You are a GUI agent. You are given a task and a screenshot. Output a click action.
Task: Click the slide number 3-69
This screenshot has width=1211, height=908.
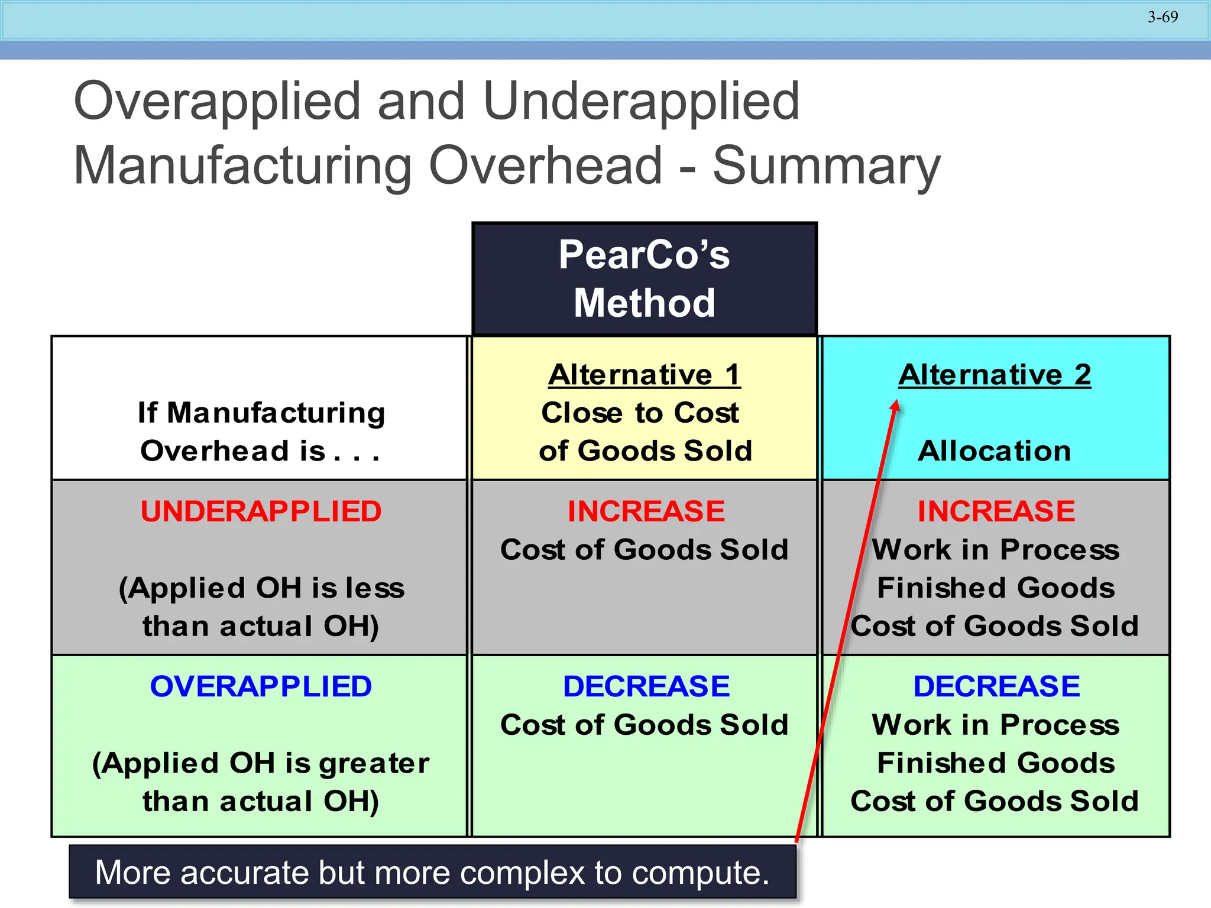click(x=1163, y=17)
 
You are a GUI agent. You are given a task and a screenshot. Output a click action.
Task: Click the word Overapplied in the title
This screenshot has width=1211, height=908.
click(x=216, y=101)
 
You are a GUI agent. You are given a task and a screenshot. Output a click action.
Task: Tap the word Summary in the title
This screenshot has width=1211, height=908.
click(x=826, y=167)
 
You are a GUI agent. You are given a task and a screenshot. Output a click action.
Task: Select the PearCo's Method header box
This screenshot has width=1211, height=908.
click(x=645, y=279)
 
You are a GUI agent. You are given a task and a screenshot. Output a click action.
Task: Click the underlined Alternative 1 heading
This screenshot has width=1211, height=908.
click(x=644, y=375)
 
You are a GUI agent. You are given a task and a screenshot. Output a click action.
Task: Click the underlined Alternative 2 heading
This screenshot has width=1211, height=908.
click(x=995, y=375)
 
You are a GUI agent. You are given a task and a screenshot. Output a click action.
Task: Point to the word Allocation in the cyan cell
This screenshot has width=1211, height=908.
click(x=995, y=451)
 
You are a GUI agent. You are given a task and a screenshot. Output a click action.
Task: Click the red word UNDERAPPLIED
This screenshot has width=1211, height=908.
click(x=261, y=512)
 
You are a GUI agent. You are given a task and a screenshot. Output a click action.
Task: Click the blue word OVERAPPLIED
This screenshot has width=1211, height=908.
click(x=261, y=687)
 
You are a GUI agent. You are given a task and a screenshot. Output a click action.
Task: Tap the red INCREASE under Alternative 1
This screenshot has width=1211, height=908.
click(x=646, y=512)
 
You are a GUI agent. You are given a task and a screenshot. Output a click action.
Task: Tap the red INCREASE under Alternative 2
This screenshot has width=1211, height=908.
click(x=996, y=512)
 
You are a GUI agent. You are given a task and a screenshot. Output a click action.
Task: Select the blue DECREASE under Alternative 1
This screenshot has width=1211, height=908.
click(x=646, y=687)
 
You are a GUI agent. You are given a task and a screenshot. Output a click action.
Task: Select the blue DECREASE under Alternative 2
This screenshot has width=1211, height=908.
click(x=996, y=687)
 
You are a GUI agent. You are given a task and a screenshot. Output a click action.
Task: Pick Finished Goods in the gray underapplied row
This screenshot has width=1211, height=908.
click(x=996, y=588)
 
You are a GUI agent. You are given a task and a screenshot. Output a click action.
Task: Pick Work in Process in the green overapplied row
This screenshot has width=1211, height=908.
click(x=996, y=725)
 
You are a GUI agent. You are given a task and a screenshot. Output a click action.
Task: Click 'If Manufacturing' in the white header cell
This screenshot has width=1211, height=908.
click(x=261, y=413)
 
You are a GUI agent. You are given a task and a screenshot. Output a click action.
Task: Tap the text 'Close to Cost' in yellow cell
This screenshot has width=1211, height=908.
click(x=640, y=413)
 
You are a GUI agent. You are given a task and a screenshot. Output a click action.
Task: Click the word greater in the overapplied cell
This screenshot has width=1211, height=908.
click(x=374, y=764)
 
